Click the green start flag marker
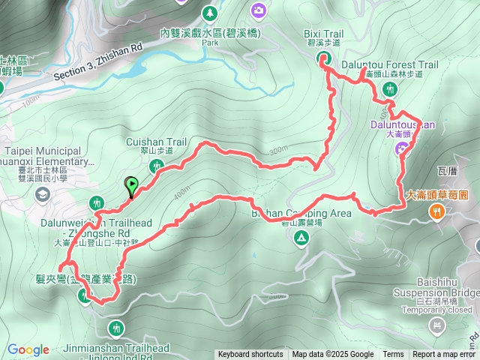132,184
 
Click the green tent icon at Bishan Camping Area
301,238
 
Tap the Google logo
28,349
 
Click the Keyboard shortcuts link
250,355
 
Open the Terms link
393,355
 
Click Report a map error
445,355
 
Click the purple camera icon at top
259,10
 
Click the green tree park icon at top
211,13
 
